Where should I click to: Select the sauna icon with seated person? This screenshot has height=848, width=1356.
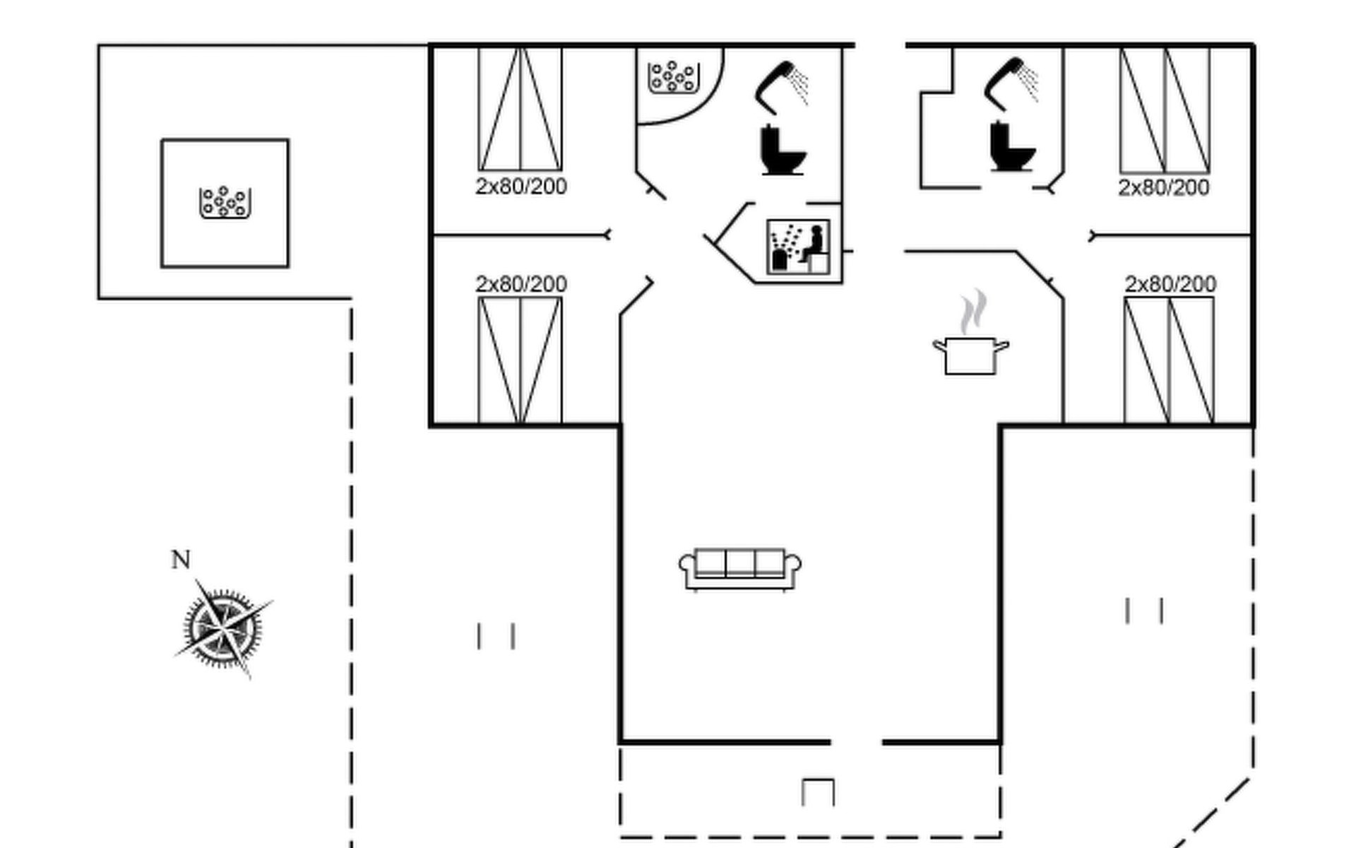(799, 247)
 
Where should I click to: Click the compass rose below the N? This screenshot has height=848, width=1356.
(223, 628)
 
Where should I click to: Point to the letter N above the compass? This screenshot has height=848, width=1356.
(181, 560)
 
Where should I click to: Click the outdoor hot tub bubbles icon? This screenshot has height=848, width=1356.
(225, 203)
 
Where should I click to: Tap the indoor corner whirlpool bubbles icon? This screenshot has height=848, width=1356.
(674, 76)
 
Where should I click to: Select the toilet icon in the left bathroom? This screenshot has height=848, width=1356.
(782, 150)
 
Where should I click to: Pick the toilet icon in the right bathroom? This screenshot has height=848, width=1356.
(1011, 147)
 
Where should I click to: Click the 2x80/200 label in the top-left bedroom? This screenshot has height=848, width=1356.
(521, 187)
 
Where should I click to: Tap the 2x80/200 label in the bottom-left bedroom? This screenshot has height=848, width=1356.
(521, 284)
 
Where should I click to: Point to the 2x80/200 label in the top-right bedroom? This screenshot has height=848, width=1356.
(1164, 188)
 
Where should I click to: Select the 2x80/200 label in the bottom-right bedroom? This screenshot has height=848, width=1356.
(1170, 284)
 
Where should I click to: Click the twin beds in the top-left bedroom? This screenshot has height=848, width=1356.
(521, 109)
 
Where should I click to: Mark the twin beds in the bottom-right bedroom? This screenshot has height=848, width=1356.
(1169, 360)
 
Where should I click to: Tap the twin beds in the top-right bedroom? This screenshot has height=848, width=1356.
(1165, 110)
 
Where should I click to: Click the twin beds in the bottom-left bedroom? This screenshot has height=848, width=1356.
(521, 360)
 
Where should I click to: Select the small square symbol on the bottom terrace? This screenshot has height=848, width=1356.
(818, 792)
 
